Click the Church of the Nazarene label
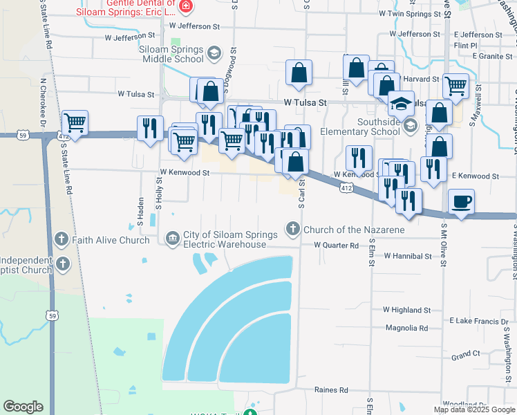click(x=353, y=230)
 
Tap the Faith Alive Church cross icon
click(x=62, y=239)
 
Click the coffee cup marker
click(x=461, y=202)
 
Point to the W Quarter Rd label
click(x=337, y=246)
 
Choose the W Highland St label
click(x=408, y=311)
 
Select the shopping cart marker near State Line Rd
click(x=75, y=123)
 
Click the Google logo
click(x=23, y=407)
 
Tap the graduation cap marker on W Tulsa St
click(x=400, y=104)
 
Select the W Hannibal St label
click(x=408, y=256)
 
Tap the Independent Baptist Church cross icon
click(x=63, y=263)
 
